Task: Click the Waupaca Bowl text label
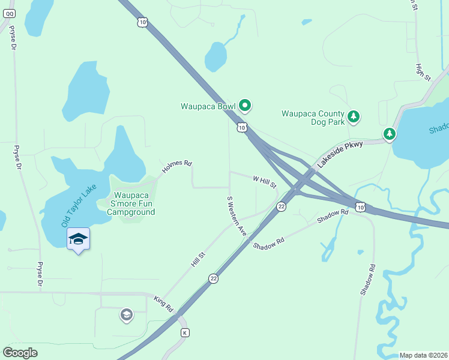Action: [208, 107]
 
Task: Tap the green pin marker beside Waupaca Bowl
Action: [244, 106]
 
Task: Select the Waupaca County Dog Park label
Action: [313, 118]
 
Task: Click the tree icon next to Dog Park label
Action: [354, 116]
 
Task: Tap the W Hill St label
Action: [264, 179]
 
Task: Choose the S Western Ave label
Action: [237, 215]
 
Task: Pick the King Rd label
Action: [163, 304]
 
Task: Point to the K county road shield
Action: [185, 332]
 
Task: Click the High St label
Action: [423, 72]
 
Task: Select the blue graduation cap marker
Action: [78, 239]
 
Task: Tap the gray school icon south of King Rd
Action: [126, 314]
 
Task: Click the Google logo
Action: [20, 353]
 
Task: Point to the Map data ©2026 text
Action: [423, 355]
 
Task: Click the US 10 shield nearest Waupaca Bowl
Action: [241, 127]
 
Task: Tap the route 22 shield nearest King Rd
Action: [213, 278]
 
